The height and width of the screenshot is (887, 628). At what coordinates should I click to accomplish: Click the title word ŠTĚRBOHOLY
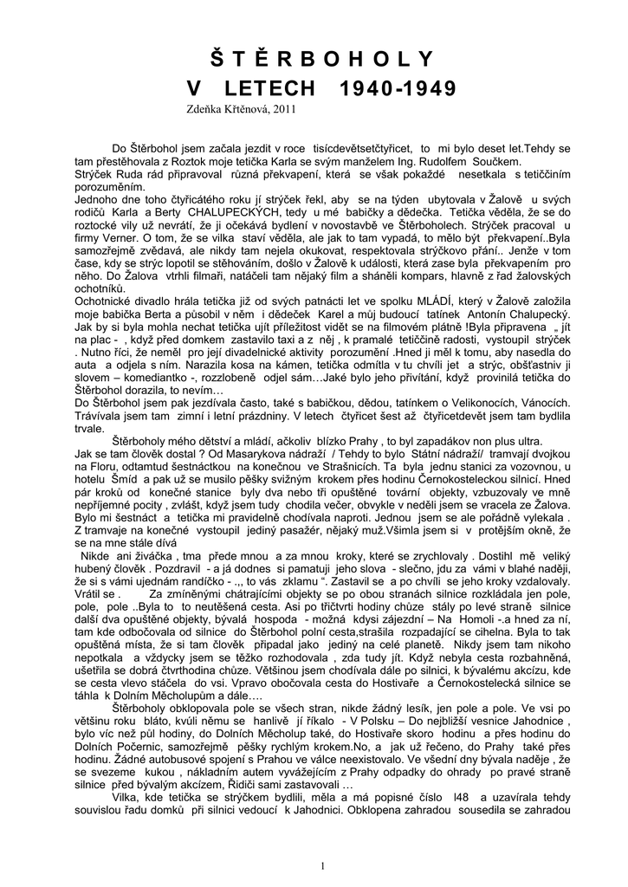(x=321, y=60)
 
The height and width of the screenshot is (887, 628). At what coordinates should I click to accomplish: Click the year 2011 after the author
(x=282, y=110)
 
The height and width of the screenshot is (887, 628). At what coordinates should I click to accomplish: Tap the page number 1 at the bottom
(x=321, y=841)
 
